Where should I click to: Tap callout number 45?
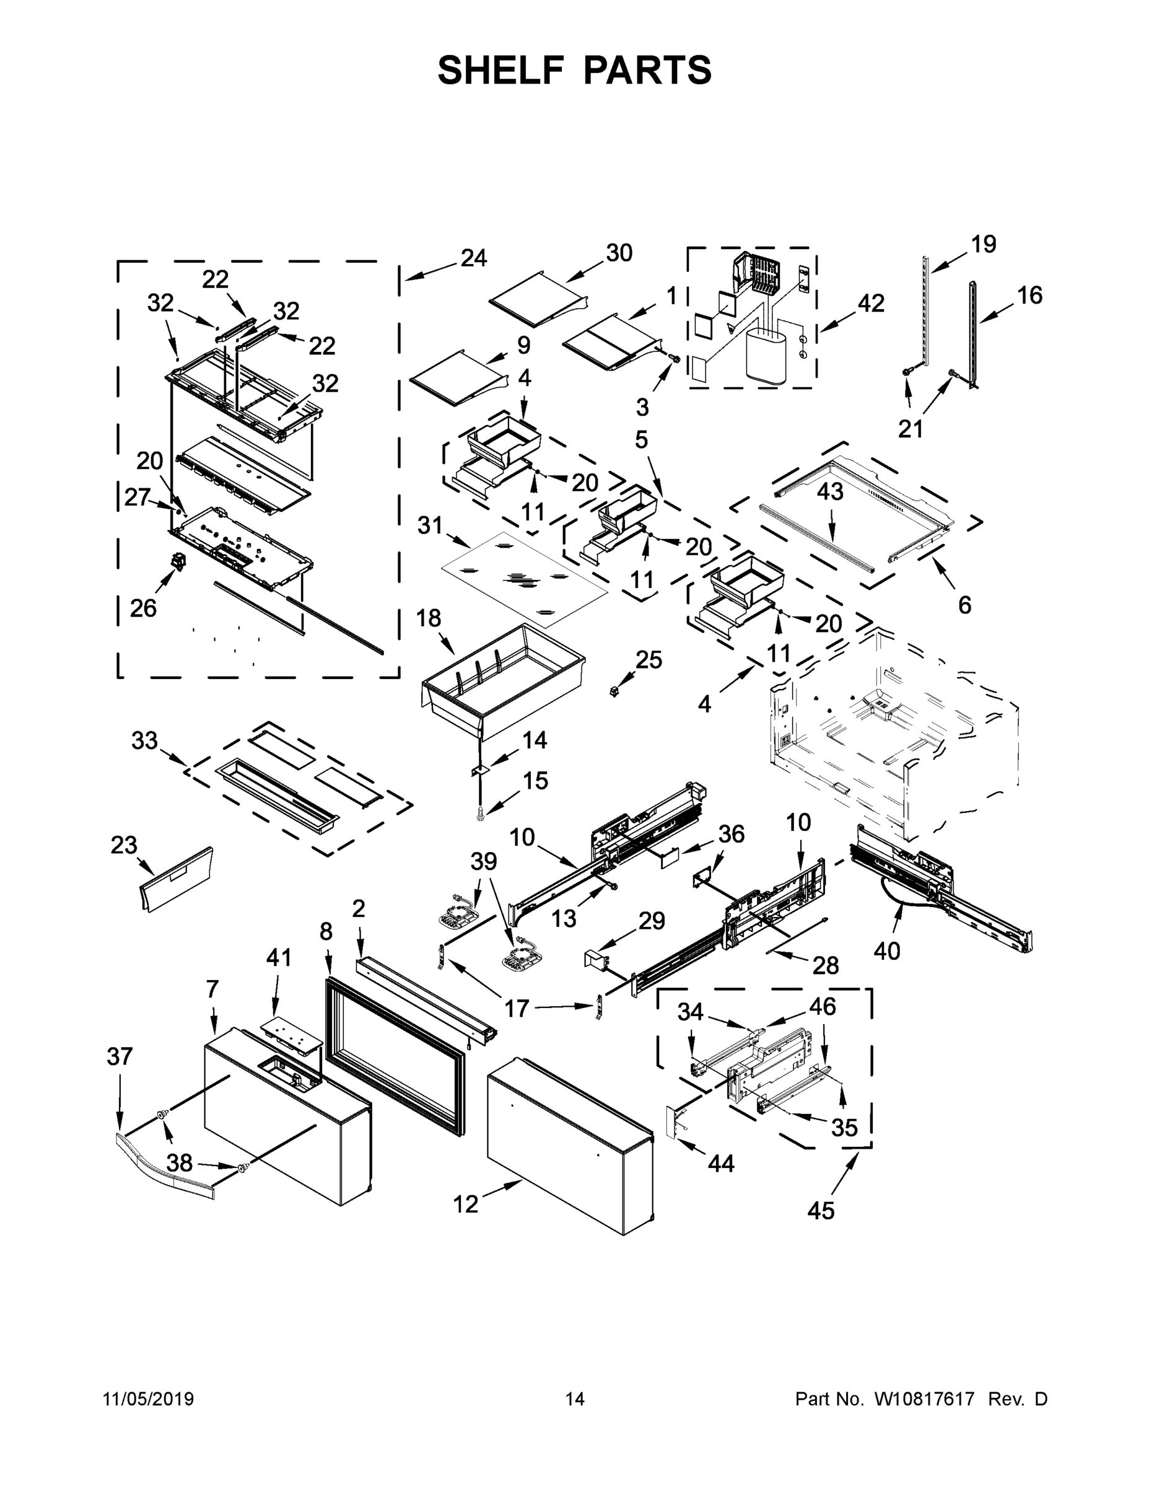pos(820,1211)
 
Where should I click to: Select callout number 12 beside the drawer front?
pos(466,1204)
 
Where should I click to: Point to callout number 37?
pos(119,1056)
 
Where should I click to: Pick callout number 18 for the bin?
pos(428,618)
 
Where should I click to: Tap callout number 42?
pos(871,303)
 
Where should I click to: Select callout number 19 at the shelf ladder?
pos(983,243)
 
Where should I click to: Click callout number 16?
pos(1029,295)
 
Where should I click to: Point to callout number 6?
pos(964,605)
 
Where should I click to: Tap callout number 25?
pos(648,659)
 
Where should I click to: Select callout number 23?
pos(124,845)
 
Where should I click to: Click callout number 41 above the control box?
pos(278,957)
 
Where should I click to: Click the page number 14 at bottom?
pos(575,1399)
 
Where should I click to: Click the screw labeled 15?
pos(481,812)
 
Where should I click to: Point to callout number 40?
pos(886,950)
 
